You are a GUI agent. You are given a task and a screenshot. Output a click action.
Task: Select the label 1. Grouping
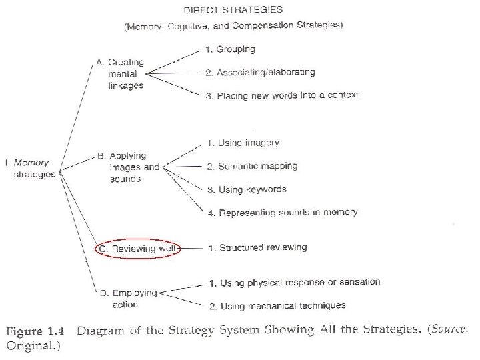(231, 49)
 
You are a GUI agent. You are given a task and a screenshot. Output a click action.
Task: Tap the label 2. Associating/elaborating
(260, 72)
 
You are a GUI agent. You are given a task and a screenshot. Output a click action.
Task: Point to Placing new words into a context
(287, 95)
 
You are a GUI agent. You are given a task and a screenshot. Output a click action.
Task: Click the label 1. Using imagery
(243, 143)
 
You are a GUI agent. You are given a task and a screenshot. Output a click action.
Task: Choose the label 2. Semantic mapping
(252, 166)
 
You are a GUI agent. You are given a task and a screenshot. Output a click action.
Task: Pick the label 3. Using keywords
(247, 189)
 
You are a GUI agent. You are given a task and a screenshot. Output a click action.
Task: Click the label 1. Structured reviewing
(257, 247)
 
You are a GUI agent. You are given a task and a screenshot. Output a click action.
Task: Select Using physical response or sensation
(300, 283)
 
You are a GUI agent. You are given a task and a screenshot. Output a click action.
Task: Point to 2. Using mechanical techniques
(277, 305)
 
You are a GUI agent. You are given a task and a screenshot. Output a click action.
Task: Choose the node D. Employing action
(129, 298)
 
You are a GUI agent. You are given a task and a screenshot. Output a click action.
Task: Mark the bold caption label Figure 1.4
(35, 331)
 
